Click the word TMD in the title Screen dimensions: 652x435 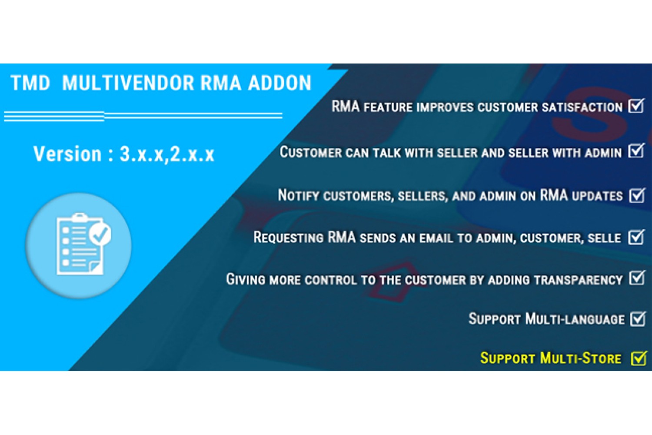30,83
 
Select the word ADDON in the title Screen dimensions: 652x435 280,83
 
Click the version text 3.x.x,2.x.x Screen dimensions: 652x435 167,154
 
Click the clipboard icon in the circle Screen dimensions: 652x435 83,244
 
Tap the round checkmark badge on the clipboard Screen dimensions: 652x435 100,234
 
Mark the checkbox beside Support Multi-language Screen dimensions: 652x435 638,318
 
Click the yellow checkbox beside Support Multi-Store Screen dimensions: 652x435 639,358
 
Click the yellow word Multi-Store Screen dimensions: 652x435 581,358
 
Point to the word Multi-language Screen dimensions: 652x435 575,319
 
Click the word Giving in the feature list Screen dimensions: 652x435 246,279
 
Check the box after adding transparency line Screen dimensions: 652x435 637,278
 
